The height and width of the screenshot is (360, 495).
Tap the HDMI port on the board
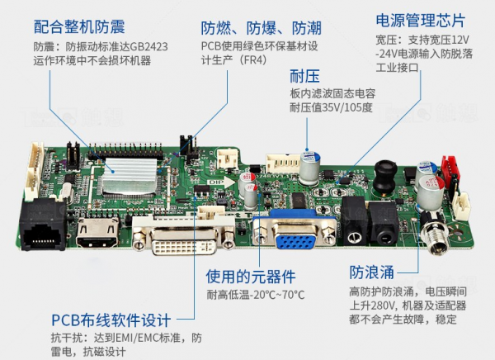coord(98,232)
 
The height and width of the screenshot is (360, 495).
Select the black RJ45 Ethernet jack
coord(43,226)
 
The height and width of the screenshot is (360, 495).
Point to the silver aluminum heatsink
coord(130,175)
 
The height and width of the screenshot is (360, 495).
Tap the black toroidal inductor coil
coord(384,178)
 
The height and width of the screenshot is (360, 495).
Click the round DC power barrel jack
coord(436,234)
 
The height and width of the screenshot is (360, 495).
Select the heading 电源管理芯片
coord(420,21)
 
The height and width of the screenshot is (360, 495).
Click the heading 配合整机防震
coord(79,26)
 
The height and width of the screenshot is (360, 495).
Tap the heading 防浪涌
coord(371,272)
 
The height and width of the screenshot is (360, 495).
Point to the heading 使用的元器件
coord(251,277)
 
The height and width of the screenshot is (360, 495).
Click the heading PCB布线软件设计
coord(111,320)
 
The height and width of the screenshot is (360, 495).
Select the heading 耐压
coord(304,76)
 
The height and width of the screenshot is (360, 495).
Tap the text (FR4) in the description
coord(253,59)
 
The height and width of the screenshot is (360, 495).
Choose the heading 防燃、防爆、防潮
coord(262,28)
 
